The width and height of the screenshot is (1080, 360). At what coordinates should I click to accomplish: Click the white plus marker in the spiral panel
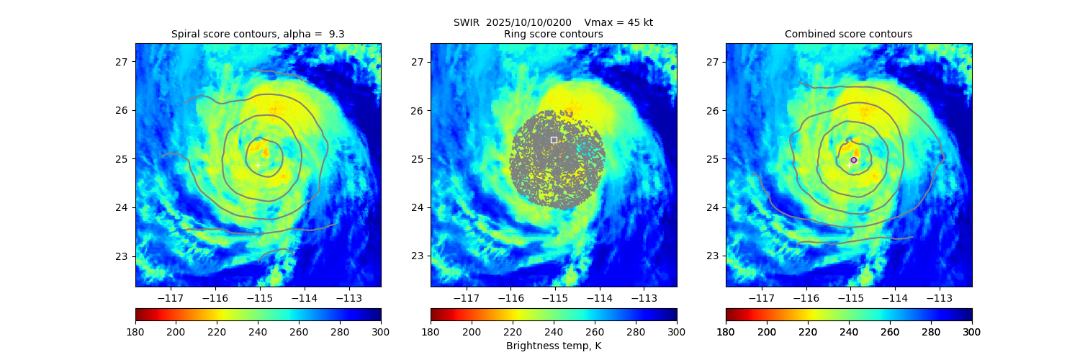(x=258, y=166)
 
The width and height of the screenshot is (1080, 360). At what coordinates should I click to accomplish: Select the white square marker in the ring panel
(x=554, y=140)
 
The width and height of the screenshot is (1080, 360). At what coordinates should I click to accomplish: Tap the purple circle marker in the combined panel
(x=854, y=160)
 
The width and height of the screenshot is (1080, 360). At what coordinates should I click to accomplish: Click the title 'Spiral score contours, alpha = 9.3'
(x=258, y=34)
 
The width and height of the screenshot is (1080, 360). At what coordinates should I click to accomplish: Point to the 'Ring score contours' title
(x=554, y=34)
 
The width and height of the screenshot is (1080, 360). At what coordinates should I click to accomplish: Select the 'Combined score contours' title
(x=848, y=34)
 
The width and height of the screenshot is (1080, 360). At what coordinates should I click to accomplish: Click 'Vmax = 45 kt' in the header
(x=618, y=22)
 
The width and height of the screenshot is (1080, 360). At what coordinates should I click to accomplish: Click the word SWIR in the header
(x=466, y=22)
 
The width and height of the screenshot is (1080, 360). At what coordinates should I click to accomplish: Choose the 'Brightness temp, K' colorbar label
(x=554, y=346)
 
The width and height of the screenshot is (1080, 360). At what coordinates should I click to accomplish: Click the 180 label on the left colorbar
(x=135, y=331)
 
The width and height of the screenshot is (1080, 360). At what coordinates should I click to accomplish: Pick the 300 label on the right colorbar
(x=972, y=331)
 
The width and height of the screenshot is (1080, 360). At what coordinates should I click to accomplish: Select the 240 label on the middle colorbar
(x=554, y=331)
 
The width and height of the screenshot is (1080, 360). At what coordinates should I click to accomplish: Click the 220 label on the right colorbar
(x=808, y=331)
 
